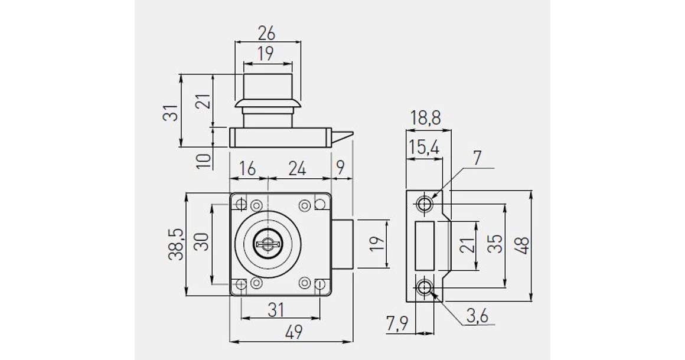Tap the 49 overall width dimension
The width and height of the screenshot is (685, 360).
click(x=293, y=332)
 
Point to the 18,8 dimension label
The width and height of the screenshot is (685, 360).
click(x=426, y=118)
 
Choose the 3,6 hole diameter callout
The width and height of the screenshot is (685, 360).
click(x=477, y=315)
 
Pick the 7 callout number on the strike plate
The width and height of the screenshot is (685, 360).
click(x=477, y=158)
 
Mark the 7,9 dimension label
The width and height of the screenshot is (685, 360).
click(x=397, y=324)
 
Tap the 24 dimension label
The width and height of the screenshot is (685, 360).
click(x=297, y=168)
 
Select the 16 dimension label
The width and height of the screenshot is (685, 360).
click(x=247, y=168)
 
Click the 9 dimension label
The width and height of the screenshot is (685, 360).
click(x=341, y=167)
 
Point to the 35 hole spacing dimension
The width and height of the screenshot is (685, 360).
click(x=495, y=244)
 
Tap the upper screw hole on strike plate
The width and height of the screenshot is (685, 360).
click(x=425, y=204)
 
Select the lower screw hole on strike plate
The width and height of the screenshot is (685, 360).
click(x=425, y=287)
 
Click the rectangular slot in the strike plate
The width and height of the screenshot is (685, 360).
click(x=424, y=246)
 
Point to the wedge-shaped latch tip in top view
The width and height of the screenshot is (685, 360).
click(x=341, y=137)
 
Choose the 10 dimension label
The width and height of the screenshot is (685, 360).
click(x=204, y=161)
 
